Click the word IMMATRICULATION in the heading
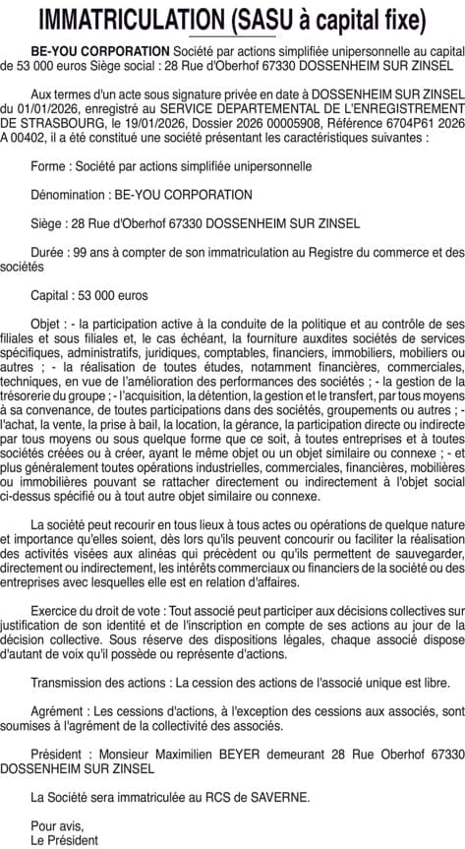point(129,19)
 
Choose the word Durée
point(49,251)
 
